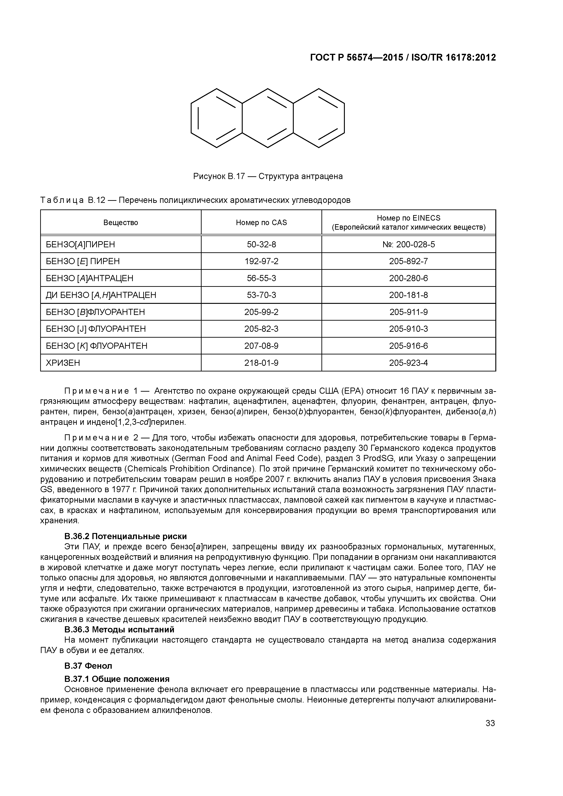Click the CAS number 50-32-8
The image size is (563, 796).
point(261,244)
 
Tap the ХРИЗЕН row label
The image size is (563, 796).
point(63,363)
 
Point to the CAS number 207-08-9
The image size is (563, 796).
point(261,346)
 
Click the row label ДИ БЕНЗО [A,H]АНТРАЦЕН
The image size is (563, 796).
point(101,295)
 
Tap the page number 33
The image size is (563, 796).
point(490,723)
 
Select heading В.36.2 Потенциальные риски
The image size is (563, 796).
point(126,536)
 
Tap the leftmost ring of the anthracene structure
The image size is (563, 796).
point(216,118)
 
